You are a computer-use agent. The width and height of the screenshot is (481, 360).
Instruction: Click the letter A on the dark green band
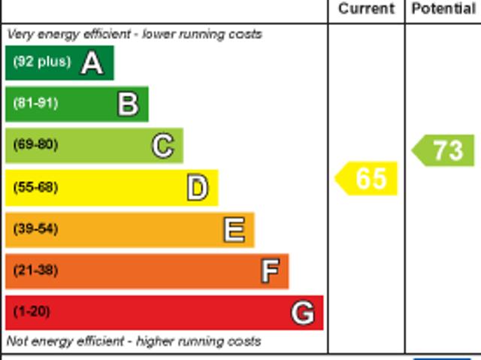click(x=92, y=63)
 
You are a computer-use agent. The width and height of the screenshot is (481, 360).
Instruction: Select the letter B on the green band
click(x=128, y=104)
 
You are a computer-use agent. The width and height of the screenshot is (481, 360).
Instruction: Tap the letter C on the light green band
click(x=162, y=146)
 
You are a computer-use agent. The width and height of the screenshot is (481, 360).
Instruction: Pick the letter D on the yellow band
click(x=197, y=188)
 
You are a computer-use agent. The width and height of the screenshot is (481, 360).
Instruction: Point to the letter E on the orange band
click(x=234, y=229)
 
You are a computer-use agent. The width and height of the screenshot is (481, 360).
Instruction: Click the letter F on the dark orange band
click(x=270, y=271)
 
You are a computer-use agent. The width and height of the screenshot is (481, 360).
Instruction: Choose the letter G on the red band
click(x=303, y=312)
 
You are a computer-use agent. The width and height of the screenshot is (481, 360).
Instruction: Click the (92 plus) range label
click(x=41, y=62)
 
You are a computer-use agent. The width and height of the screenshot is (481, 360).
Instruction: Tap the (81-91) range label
click(x=35, y=104)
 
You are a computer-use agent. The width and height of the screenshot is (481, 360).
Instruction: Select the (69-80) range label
click(x=35, y=145)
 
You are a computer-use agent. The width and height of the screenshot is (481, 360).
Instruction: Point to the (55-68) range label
click(x=35, y=187)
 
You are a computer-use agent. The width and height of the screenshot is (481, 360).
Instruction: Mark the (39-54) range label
click(x=35, y=228)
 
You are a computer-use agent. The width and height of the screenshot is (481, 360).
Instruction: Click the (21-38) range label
click(x=35, y=270)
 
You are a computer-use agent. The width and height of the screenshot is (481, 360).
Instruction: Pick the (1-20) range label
click(x=32, y=311)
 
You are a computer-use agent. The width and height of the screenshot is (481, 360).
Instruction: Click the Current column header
click(x=366, y=9)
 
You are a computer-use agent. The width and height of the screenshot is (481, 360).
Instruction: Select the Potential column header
click(x=443, y=9)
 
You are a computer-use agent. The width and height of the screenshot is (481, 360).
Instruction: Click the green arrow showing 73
click(x=444, y=150)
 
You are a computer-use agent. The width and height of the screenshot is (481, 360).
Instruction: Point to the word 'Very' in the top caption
click(x=20, y=34)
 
